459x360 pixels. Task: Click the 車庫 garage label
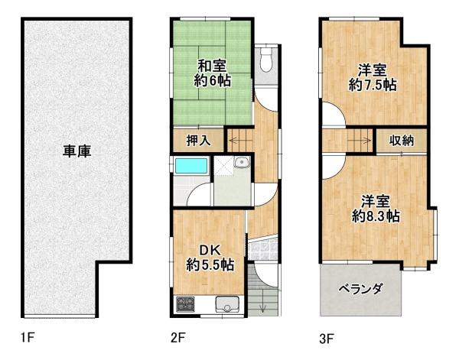pyautogui.click(x=77, y=151)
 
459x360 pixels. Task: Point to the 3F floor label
pyautogui.click(x=327, y=336)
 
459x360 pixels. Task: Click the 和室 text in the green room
pyautogui.click(x=211, y=66)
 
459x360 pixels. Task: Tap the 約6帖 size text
pyautogui.click(x=211, y=80)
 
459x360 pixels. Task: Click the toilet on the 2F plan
pyautogui.click(x=265, y=60)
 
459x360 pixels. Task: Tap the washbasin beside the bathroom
pyautogui.click(x=240, y=162)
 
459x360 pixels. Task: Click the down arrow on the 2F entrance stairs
pyautogui.click(x=262, y=307)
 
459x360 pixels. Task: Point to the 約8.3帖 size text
pyautogui.click(x=376, y=216)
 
